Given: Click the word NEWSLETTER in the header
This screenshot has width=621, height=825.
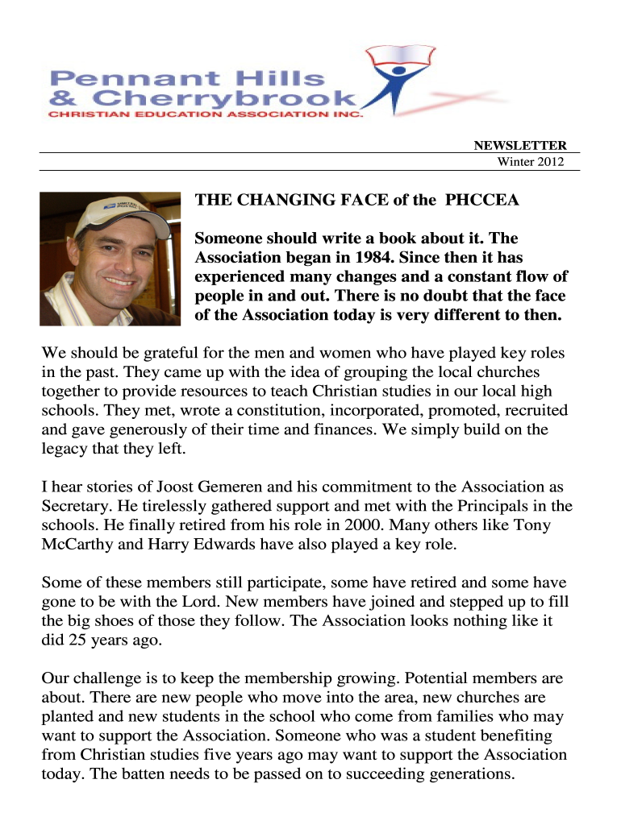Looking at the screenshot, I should [x=519, y=146].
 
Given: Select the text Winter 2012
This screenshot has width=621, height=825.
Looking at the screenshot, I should [x=530, y=162].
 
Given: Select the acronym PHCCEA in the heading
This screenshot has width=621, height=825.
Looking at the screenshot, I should [x=482, y=201].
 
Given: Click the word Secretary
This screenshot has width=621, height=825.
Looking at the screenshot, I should [x=75, y=507].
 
